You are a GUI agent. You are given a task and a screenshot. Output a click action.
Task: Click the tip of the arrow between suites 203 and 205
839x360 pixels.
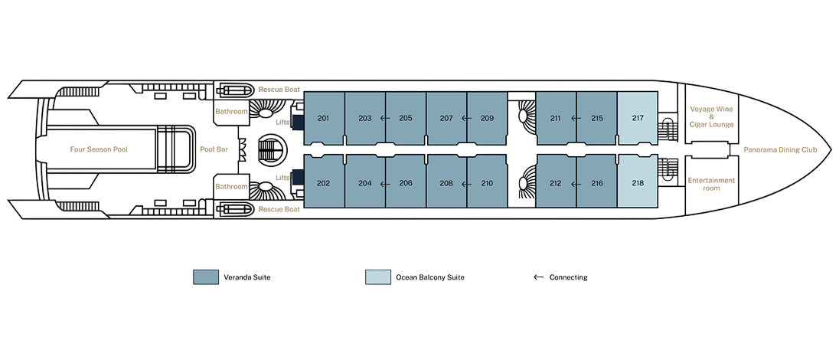[x=380, y=119]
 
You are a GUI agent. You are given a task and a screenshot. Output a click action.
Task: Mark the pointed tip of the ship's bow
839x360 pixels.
[x=831, y=149]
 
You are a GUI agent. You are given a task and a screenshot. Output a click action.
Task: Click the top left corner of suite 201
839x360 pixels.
[x=305, y=92]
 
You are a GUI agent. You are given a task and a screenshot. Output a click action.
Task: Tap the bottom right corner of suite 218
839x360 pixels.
[x=657, y=208]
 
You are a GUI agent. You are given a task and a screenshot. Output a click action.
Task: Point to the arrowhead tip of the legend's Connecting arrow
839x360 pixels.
[x=534, y=277]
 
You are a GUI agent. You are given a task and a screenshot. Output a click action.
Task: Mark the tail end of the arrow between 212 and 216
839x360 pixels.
[x=580, y=184]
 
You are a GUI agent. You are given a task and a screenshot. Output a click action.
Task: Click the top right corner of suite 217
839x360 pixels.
[x=657, y=92]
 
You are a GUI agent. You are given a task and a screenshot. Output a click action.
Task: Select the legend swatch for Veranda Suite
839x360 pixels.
[x=205, y=277]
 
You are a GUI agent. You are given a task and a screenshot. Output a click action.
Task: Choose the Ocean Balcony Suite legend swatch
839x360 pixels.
[x=377, y=277]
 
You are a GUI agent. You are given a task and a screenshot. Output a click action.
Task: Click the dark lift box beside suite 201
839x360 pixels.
[x=298, y=123]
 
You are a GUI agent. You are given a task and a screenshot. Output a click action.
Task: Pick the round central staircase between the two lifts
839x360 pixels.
[x=270, y=149]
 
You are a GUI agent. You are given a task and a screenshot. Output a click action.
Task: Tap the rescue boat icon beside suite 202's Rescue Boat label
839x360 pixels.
[x=235, y=209]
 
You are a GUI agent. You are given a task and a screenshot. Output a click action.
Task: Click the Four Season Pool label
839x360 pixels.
[x=99, y=149]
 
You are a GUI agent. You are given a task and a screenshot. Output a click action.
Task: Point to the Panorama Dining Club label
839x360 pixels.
[x=781, y=150]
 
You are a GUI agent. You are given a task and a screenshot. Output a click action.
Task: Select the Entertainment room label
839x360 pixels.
[x=711, y=185]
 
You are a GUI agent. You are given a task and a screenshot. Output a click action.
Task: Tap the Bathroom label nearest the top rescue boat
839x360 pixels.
[x=231, y=112]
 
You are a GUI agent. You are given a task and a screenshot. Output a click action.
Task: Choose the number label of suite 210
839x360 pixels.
[x=487, y=183]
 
